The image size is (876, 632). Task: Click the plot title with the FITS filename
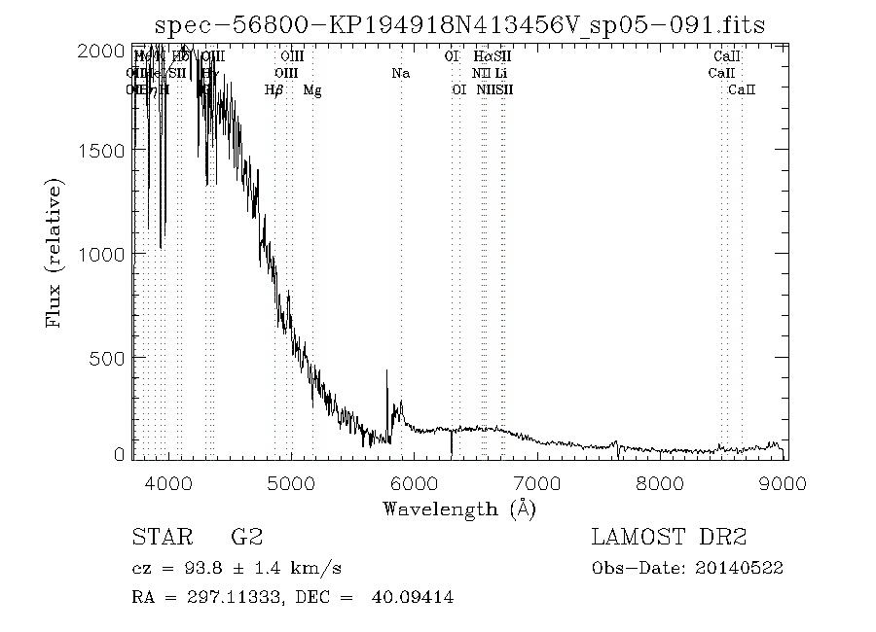click(x=460, y=25)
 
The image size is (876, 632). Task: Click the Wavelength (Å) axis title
click(x=458, y=509)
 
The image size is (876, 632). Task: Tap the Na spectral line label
click(x=401, y=73)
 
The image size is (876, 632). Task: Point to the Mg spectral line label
click(x=312, y=90)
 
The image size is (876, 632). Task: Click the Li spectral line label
click(x=500, y=73)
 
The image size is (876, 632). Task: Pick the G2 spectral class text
click(x=245, y=538)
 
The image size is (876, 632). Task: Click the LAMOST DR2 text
click(x=669, y=538)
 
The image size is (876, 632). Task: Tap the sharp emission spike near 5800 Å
click(x=387, y=373)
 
